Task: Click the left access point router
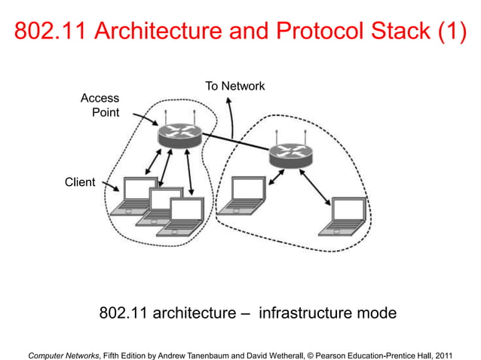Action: pos(179,136)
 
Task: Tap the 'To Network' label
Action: pos(234,86)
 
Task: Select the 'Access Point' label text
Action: pos(100,105)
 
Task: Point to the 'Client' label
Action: pos(80,182)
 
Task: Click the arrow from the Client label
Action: pos(109,186)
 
